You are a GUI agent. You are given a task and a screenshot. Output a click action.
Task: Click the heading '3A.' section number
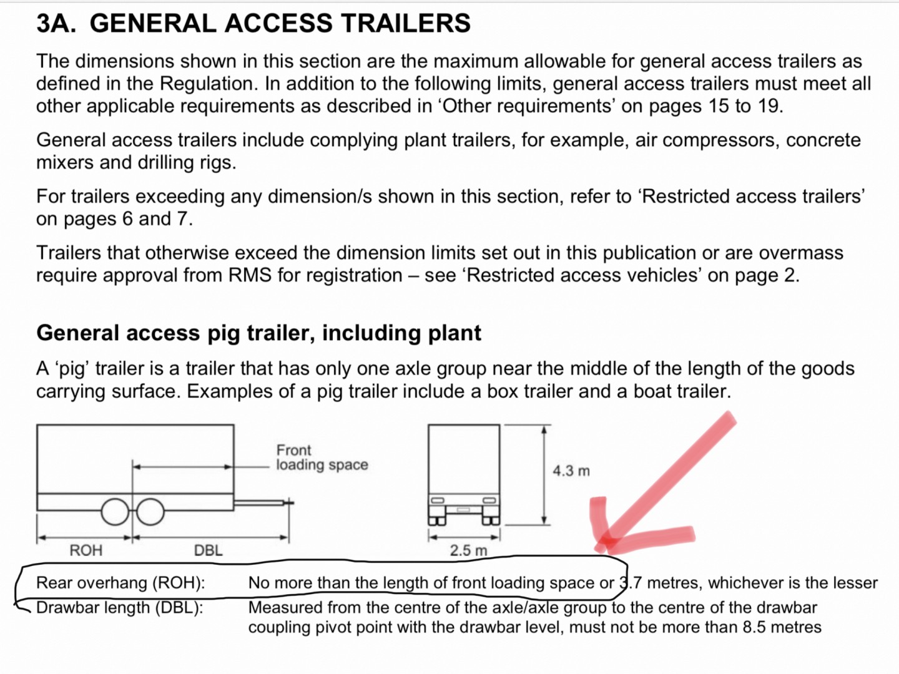56,23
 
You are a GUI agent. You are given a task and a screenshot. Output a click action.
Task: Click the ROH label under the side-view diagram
86,550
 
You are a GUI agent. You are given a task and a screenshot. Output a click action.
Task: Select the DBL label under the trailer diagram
208,550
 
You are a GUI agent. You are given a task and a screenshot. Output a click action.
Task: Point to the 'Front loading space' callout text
322,457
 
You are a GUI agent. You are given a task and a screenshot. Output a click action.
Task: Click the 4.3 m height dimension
571,471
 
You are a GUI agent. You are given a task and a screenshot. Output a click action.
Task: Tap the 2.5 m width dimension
469,550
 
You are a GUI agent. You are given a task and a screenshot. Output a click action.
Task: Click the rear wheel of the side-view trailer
115,512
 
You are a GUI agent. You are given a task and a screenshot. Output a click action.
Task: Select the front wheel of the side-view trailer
150,512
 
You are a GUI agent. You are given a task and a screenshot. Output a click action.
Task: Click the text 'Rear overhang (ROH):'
120,583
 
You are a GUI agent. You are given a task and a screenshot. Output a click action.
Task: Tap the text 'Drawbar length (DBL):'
120,608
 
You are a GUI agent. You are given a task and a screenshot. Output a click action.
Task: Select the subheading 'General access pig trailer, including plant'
258,333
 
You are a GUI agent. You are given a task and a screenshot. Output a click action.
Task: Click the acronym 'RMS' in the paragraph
250,275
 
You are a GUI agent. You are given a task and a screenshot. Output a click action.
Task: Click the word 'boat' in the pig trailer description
651,392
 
